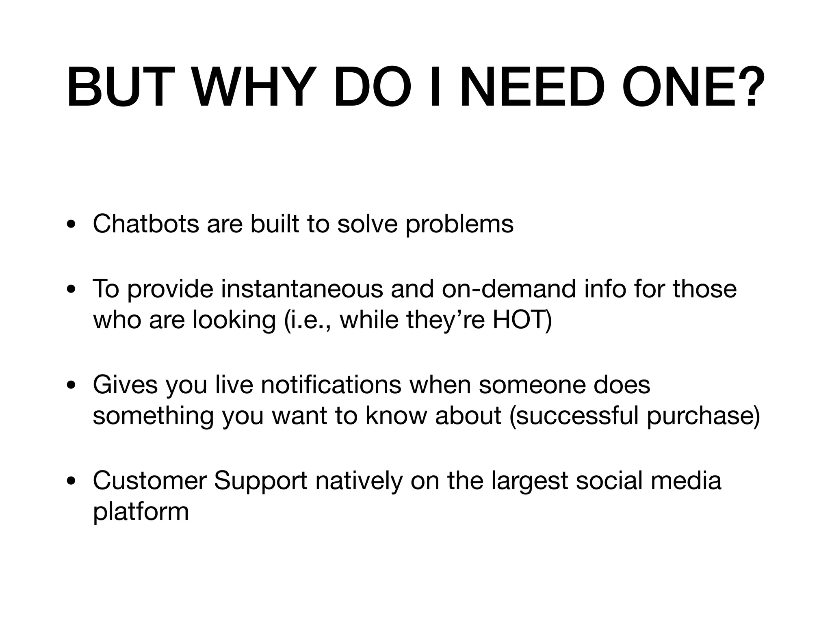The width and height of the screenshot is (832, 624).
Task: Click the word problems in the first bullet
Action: (459, 224)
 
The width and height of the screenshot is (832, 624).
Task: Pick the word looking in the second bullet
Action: (234, 321)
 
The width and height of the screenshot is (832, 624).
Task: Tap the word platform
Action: (141, 512)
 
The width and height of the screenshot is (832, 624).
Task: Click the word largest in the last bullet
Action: (530, 481)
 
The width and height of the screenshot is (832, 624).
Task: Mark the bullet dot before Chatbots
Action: (72, 225)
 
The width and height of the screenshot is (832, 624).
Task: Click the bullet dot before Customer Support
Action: (72, 481)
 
